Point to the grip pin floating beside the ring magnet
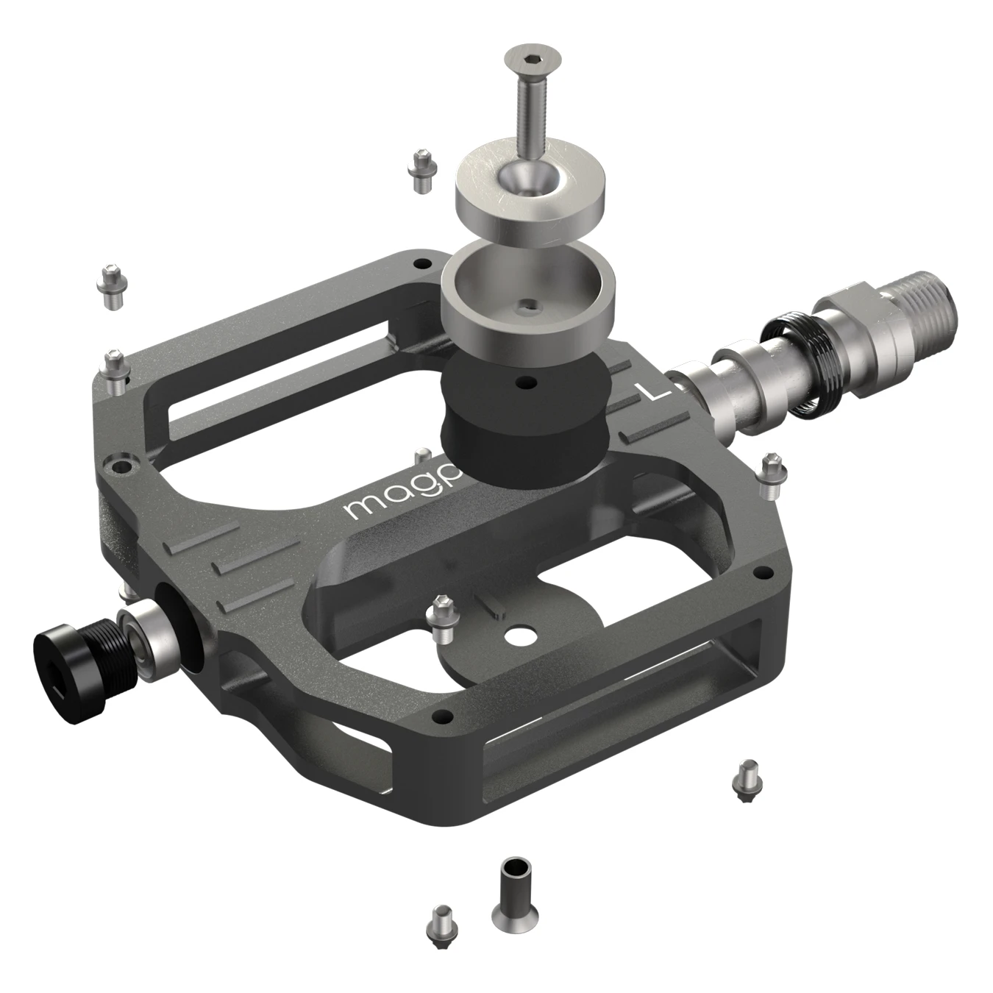coord(421,171)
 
